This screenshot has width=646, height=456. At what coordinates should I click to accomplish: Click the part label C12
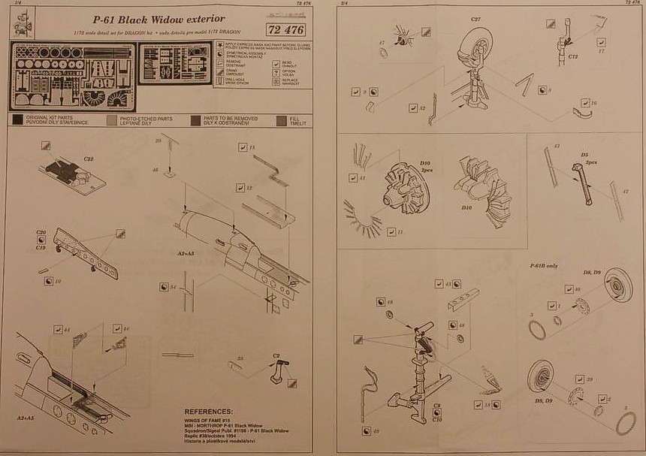(x=572, y=57)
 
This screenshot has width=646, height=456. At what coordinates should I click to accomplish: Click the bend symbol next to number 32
(x=413, y=109)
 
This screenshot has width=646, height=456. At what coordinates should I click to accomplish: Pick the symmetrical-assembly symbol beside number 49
(x=366, y=430)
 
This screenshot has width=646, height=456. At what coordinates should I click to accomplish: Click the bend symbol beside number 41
(x=352, y=178)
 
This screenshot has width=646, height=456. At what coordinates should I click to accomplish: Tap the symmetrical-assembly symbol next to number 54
(x=164, y=288)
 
